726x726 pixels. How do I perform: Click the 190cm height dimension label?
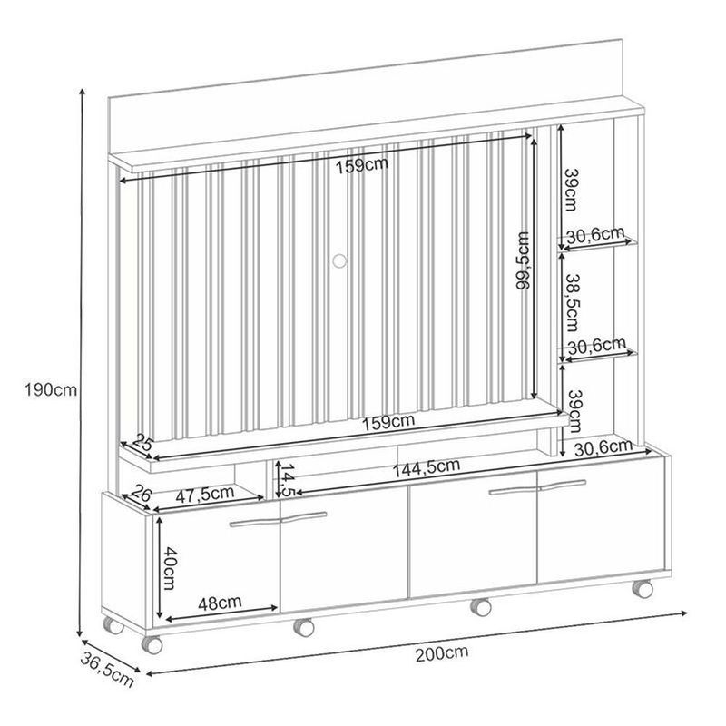pos(51,390)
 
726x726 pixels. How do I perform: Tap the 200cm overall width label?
pos(442,652)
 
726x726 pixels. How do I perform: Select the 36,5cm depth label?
pos(107,669)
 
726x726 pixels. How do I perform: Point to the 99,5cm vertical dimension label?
pos(525,260)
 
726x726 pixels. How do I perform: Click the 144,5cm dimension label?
pos(427,468)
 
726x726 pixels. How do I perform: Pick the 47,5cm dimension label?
pos(205,494)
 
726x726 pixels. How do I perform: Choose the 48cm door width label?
pos(220,603)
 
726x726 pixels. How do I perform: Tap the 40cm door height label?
pos(170,568)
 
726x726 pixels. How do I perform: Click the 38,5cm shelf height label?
pos(571,302)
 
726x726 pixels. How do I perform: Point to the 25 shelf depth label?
pos(142,442)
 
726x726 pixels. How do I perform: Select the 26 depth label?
pos(142,494)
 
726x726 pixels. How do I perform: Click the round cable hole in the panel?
pos(339,261)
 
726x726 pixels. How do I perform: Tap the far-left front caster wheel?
pos(152,645)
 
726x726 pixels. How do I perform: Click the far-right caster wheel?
pos(643,589)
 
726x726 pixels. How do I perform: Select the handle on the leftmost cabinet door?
pos(255,522)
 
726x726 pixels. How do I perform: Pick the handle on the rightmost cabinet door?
pos(561,485)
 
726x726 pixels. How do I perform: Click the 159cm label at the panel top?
pos(362,165)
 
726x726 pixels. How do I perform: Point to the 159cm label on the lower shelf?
pos(388,422)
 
